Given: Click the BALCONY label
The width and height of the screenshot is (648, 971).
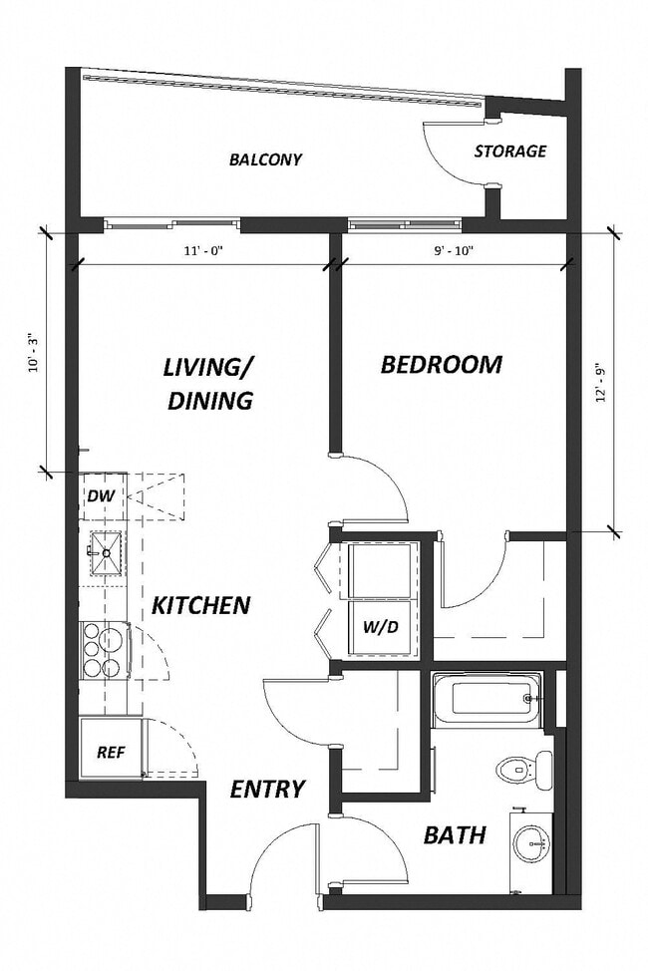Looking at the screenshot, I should click(x=265, y=160).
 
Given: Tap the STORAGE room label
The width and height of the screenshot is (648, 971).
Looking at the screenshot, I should click(x=509, y=152).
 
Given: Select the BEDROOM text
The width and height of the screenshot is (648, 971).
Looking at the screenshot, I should click(x=441, y=365).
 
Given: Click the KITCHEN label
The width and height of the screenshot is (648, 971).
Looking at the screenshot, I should click(x=200, y=605).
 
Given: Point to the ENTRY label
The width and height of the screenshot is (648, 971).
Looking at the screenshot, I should click(x=266, y=790).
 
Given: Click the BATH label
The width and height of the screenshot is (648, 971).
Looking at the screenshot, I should click(x=455, y=834).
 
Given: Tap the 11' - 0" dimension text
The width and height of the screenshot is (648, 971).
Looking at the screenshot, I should click(x=202, y=250).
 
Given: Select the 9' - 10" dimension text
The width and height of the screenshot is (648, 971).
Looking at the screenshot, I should click(x=454, y=250).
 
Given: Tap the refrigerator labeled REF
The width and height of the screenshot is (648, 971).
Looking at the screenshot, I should click(x=110, y=752).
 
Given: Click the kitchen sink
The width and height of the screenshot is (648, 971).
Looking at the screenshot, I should click(x=106, y=552).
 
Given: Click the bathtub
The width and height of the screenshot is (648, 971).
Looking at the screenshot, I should click(x=487, y=699).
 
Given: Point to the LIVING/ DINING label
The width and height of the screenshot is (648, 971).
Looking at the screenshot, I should click(x=209, y=383).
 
